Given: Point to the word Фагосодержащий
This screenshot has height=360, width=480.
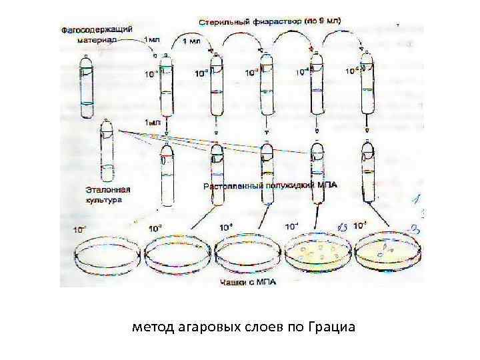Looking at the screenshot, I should [x=97, y=31].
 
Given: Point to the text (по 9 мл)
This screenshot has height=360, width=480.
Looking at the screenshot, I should [x=324, y=21].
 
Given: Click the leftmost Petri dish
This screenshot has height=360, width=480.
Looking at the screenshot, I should [x=106, y=256].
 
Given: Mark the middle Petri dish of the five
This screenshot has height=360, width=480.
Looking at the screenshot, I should [x=246, y=256].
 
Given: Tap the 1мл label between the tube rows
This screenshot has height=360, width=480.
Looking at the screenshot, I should [x=153, y=123].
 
